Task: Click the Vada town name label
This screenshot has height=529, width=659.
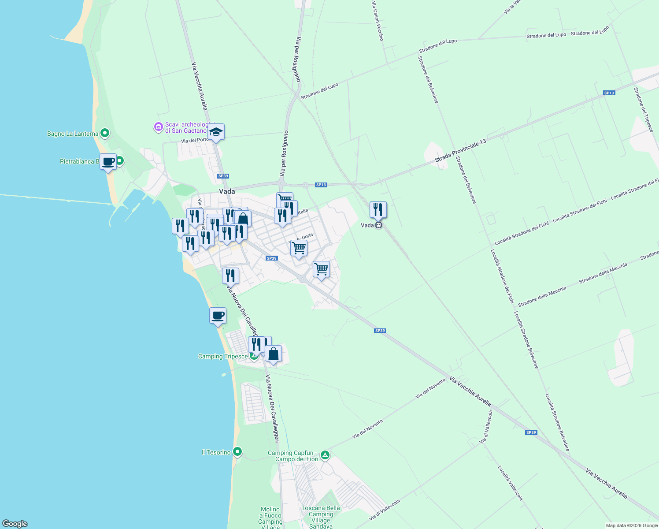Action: click(227, 191)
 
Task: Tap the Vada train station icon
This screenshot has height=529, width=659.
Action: click(378, 225)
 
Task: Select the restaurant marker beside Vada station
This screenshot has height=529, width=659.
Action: click(378, 210)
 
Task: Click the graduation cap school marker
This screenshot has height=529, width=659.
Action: click(216, 132)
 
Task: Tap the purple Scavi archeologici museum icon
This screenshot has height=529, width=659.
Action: click(158, 127)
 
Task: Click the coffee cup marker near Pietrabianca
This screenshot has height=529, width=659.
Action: click(108, 162)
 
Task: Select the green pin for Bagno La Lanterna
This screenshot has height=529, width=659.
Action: click(105, 133)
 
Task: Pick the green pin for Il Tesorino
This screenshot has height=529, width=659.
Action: click(237, 452)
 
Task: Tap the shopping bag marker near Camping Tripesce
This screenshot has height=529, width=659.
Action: click(273, 354)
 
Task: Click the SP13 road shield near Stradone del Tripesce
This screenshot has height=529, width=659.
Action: click(609, 93)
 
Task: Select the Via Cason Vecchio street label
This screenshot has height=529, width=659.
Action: click(378, 21)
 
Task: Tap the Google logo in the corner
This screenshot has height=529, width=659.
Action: click(15, 524)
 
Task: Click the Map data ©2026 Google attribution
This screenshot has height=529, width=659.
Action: click(632, 525)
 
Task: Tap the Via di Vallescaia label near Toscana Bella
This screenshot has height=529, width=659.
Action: click(385, 509)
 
